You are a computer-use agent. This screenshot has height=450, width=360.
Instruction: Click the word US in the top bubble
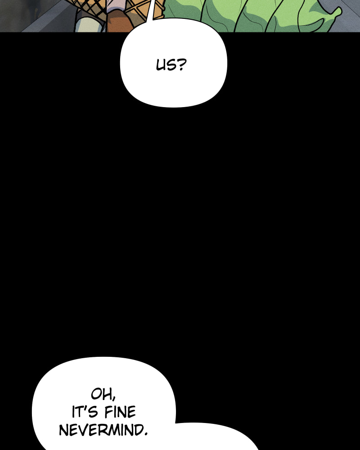tap(166, 65)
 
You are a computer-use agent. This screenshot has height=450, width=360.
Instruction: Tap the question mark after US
tap(181, 65)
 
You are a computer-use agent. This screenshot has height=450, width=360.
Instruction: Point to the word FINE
tap(120, 412)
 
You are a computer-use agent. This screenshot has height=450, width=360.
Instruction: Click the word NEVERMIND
tap(101, 430)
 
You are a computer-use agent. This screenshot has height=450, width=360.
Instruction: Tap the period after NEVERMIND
tap(145, 434)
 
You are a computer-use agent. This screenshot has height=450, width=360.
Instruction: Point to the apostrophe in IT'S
tap(85, 408)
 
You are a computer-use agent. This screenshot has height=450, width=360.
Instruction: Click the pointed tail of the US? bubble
tap(150, 12)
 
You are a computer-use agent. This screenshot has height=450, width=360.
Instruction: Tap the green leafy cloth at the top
tap(252, 16)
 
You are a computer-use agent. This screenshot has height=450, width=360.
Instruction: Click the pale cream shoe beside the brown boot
tap(89, 24)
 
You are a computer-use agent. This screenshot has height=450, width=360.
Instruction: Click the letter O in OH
tap(96, 394)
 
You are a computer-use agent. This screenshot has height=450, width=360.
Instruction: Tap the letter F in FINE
tap(108, 412)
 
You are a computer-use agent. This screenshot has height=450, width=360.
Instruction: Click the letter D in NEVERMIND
tap(138, 430)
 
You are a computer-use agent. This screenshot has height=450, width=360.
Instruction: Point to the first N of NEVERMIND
tap(63, 431)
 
